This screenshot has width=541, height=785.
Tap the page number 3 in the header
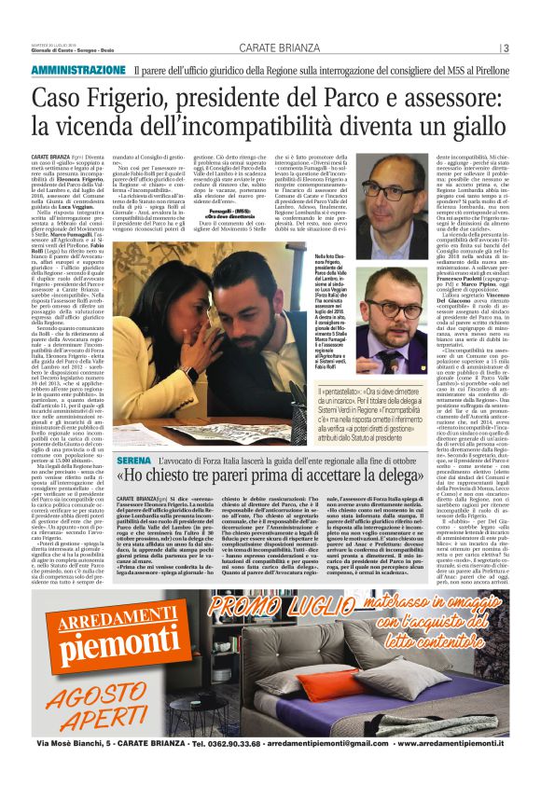(x=505, y=48)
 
